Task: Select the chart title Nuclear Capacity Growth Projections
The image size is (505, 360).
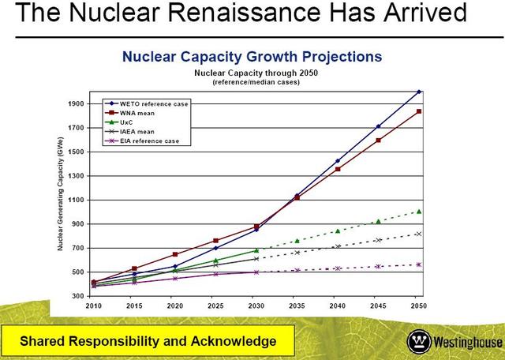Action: pos(252,57)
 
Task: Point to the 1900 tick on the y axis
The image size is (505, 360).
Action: pos(76,103)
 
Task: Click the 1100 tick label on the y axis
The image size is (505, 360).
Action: pos(76,200)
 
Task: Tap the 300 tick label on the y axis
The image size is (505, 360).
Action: pos(77,296)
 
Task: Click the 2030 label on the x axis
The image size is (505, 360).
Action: pos(256,306)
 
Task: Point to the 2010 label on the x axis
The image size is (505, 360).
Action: pos(94,306)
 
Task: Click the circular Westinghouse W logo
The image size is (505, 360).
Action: pos(418,341)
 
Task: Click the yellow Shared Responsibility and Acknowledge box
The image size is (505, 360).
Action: pos(148,342)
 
